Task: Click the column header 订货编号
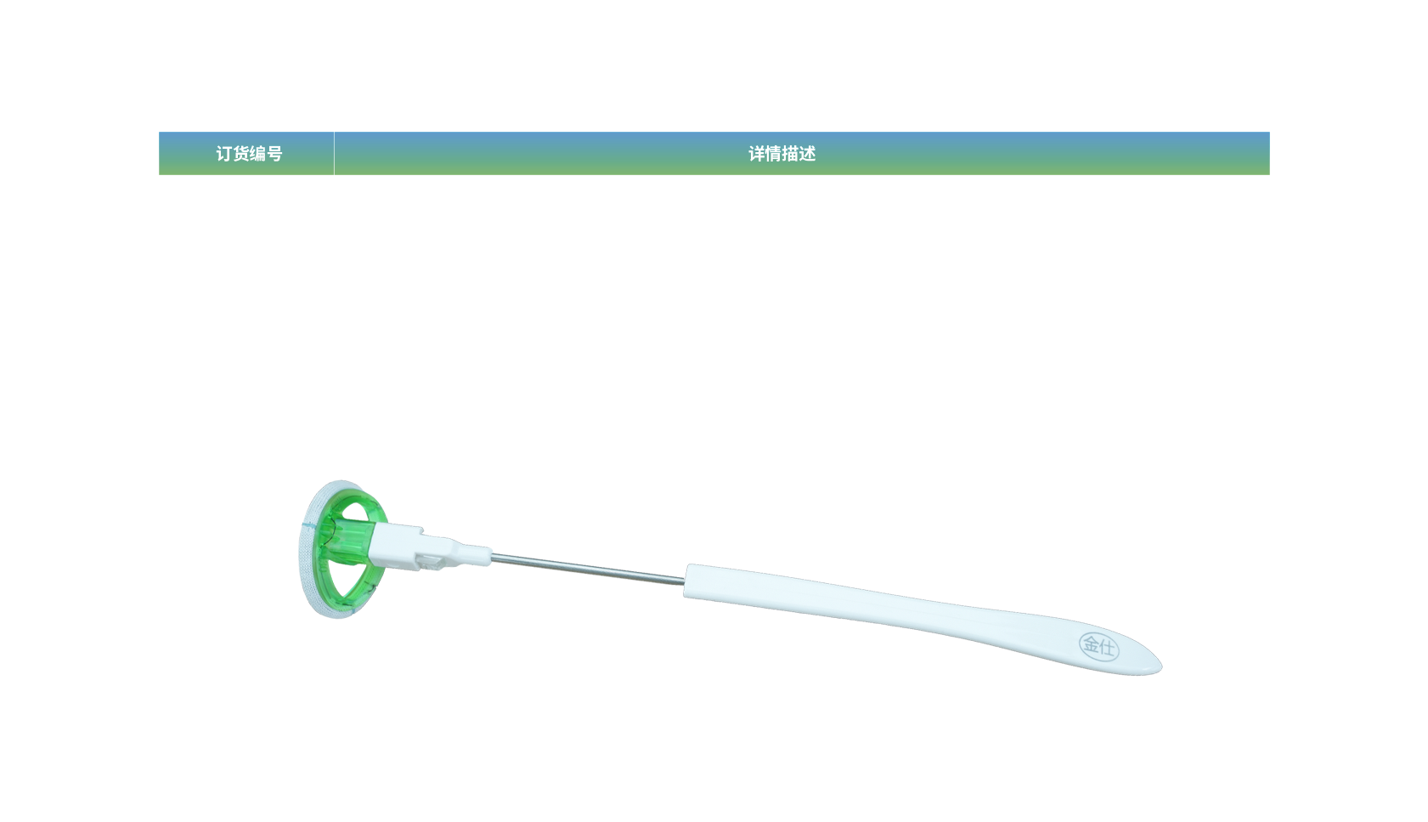coord(248,154)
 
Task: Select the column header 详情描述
coord(782,154)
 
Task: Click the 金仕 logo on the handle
coord(1098,646)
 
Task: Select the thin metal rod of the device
coord(586,568)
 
